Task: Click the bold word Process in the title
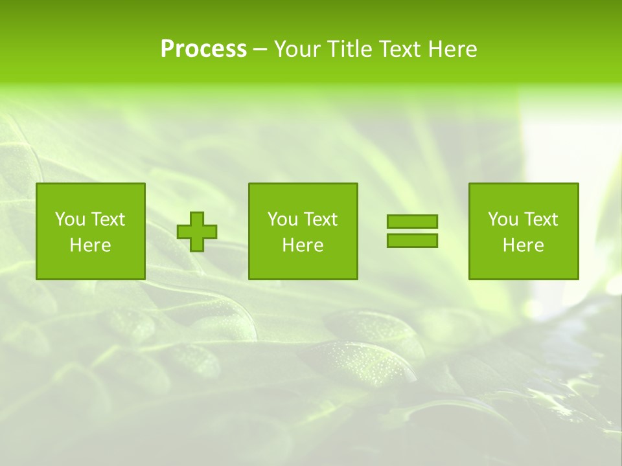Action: (x=203, y=49)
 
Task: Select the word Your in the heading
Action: (x=294, y=49)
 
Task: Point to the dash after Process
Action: (x=260, y=50)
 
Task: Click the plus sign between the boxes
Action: (x=197, y=232)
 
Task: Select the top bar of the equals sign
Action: (x=412, y=221)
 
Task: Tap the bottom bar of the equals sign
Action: (x=412, y=240)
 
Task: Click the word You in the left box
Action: (x=69, y=219)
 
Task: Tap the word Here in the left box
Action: (x=91, y=245)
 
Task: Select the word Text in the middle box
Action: (x=320, y=219)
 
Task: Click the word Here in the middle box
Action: (x=303, y=245)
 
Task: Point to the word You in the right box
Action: (x=502, y=219)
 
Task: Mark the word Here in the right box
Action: (x=524, y=245)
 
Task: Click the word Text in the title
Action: (x=397, y=49)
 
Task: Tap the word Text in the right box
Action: (x=540, y=219)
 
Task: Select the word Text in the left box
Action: (x=108, y=219)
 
